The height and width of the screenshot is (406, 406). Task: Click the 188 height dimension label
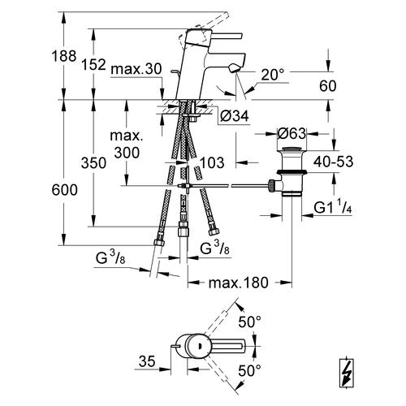(x=64, y=56)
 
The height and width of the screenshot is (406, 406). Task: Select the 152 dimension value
(x=93, y=65)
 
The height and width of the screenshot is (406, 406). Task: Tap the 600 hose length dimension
(x=64, y=190)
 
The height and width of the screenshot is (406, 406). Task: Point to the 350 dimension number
(x=93, y=163)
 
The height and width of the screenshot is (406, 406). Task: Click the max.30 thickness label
(x=136, y=69)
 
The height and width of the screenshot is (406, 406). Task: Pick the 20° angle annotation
(x=273, y=75)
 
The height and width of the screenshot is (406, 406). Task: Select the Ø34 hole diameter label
(x=235, y=116)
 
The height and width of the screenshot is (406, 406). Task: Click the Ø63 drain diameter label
(x=292, y=133)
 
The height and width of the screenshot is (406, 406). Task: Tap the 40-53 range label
(x=334, y=162)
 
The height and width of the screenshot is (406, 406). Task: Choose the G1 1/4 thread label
(x=333, y=207)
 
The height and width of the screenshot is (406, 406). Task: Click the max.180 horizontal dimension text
(x=238, y=283)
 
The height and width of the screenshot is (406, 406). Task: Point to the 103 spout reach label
(x=212, y=162)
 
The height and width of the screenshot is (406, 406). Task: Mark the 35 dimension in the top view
(x=147, y=361)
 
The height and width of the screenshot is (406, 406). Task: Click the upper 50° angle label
(x=249, y=322)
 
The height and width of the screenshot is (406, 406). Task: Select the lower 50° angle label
(x=249, y=370)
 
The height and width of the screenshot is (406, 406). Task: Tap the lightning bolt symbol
(x=347, y=374)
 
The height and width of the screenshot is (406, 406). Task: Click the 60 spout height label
(x=328, y=86)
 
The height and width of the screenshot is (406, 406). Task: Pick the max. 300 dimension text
(x=127, y=144)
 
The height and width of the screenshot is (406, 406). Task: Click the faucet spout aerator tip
(x=234, y=68)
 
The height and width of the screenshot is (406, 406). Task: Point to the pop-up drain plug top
(x=292, y=149)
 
